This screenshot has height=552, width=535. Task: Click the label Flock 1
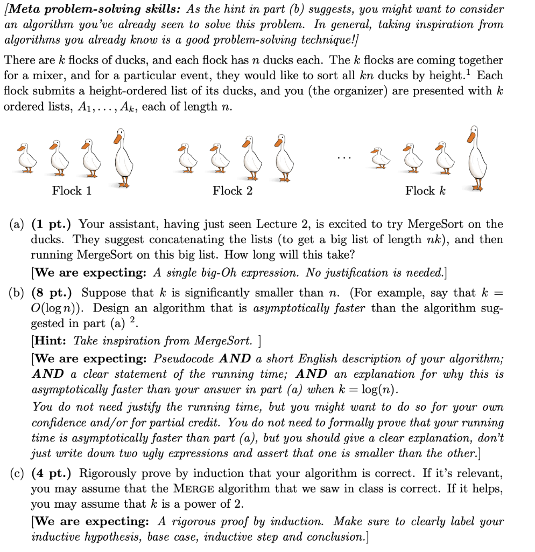click(72, 191)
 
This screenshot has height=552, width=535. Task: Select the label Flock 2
click(233, 191)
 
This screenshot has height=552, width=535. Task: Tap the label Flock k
click(425, 191)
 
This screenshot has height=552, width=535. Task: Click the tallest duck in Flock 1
click(123, 157)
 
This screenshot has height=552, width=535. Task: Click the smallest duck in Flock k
click(381, 157)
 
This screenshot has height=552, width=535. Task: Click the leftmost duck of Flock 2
click(186, 157)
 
